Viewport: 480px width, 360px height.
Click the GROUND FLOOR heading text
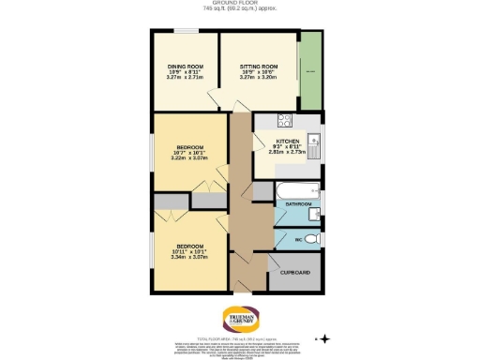pos(239,4)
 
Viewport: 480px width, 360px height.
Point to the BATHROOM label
pos(298,203)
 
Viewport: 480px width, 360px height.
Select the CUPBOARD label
pos(295,273)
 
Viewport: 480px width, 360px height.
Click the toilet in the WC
pos(314,240)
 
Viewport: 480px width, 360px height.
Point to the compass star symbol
pos(324,337)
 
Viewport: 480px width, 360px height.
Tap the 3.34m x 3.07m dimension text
pos(191,256)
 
